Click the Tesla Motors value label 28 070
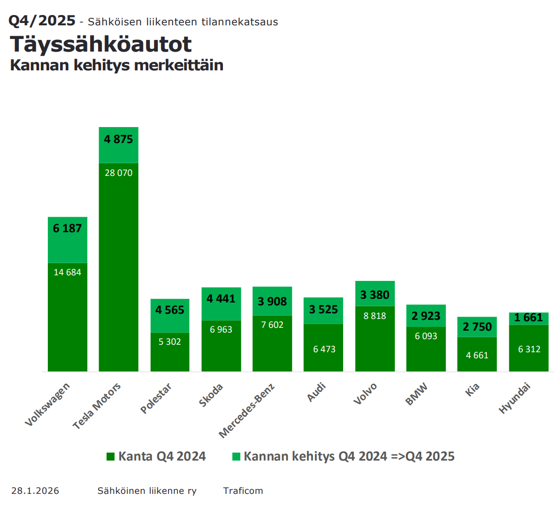[x=118, y=173]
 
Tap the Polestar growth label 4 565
[x=169, y=310]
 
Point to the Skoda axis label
[x=211, y=395]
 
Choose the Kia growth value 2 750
[x=477, y=327]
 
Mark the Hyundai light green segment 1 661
[x=529, y=318]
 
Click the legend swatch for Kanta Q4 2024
[x=111, y=456]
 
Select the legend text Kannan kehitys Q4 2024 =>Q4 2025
[x=349, y=456]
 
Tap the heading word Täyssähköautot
[x=101, y=45]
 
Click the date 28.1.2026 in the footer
[x=35, y=491]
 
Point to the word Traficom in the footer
[x=243, y=491]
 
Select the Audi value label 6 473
[x=324, y=349]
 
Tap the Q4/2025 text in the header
[x=42, y=21]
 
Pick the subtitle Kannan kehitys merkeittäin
[x=116, y=65]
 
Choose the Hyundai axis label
[x=514, y=398]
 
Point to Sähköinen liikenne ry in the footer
[x=147, y=491]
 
